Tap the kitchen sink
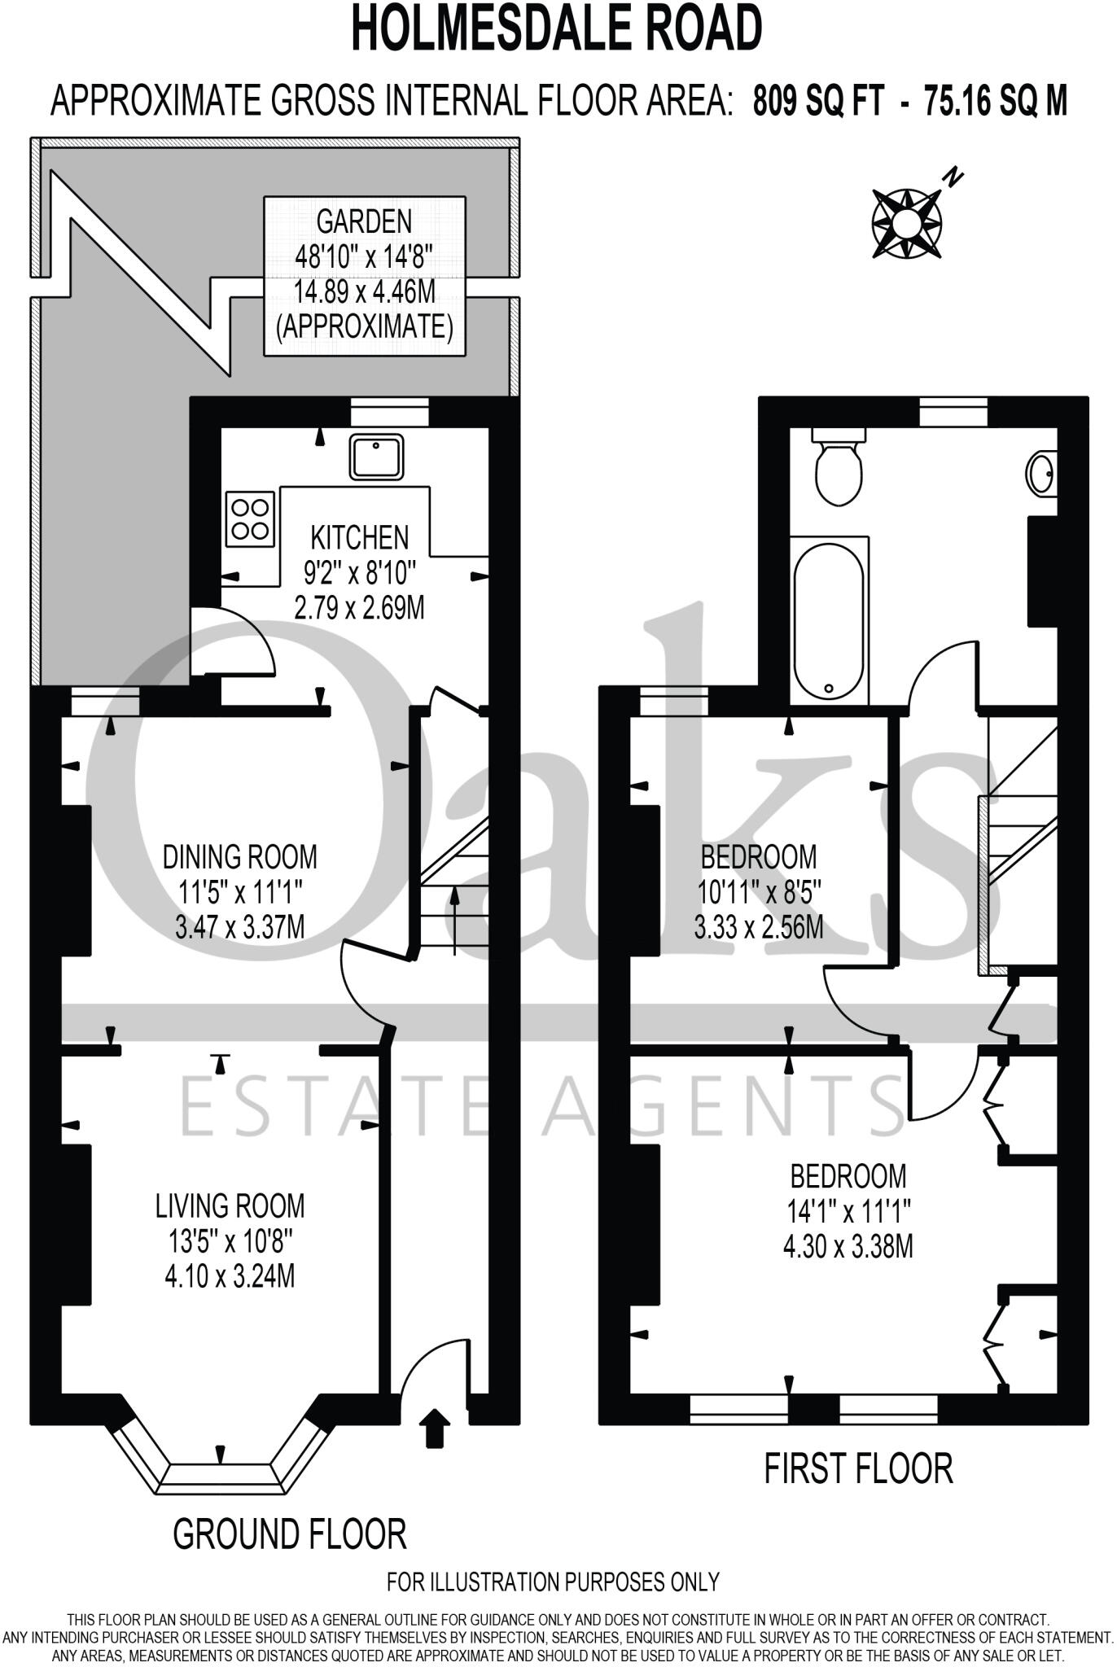coord(377,457)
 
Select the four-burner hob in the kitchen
coord(250,518)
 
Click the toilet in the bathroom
coord(838,470)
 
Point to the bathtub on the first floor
coord(829,620)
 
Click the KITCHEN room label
coord(360,537)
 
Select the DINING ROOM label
coord(240,856)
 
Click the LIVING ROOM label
coord(230,1205)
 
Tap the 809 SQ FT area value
coord(817,103)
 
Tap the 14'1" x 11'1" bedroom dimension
coord(848,1213)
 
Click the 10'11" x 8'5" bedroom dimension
coord(760,893)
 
